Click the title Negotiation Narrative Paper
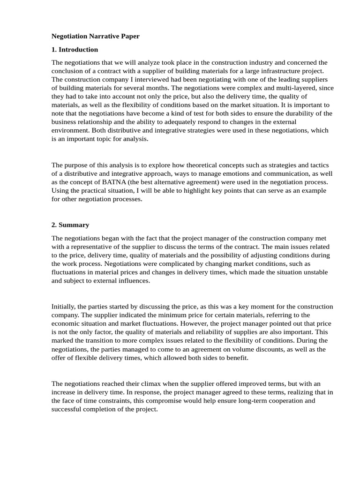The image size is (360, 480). [96, 36]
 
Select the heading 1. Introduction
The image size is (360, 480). [75, 49]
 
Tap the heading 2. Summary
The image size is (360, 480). [70, 225]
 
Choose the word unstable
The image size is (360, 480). [314, 272]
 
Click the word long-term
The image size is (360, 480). [251, 400]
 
